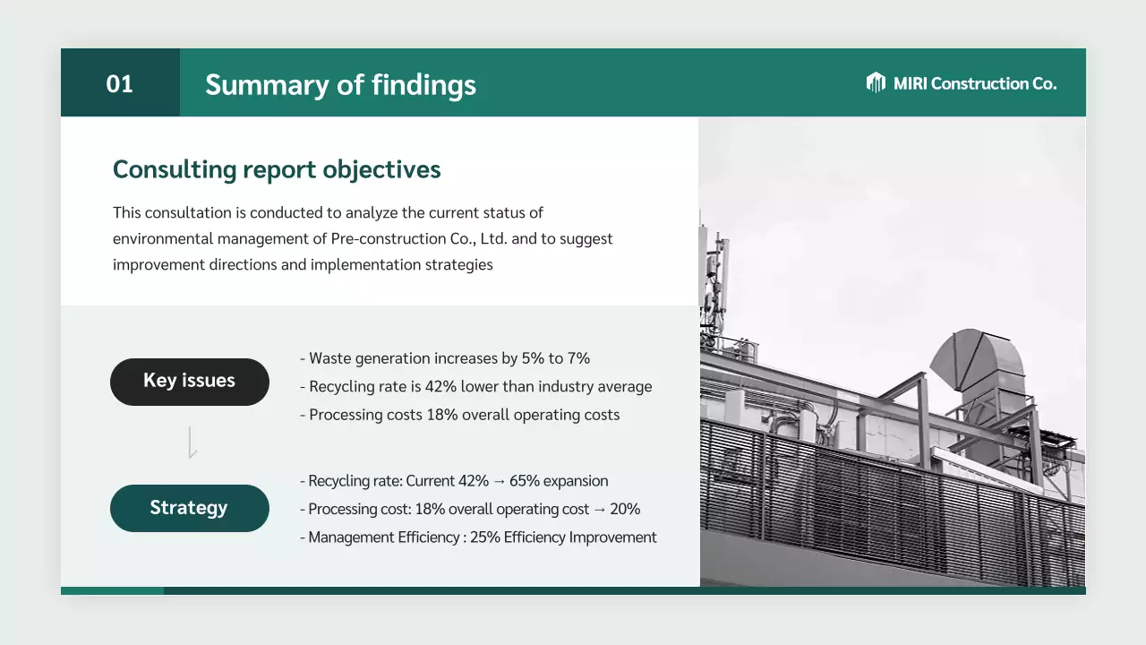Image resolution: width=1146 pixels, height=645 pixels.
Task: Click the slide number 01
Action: click(119, 83)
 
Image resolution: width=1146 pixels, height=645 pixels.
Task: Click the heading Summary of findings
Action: click(340, 85)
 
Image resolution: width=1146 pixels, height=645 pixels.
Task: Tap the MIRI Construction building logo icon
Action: click(876, 82)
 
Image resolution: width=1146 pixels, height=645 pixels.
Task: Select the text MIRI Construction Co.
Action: click(974, 83)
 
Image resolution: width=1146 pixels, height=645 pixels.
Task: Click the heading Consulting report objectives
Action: click(277, 169)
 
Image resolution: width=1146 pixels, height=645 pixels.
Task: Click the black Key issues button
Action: click(189, 381)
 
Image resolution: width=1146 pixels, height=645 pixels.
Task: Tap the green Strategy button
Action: click(189, 508)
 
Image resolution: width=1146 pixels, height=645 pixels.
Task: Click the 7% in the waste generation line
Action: click(578, 358)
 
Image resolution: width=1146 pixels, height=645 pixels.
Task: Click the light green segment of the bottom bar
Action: click(112, 590)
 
